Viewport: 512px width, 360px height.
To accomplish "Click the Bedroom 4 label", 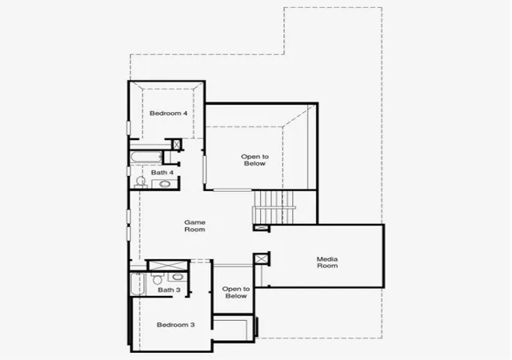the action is point(169,114).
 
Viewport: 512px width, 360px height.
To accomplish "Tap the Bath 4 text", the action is point(162,173).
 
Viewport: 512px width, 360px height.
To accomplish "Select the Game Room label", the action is point(195,226).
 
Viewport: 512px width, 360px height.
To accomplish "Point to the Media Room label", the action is point(327,262).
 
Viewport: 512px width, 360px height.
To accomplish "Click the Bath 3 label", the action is point(169,290).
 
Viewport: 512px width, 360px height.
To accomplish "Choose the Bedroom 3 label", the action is point(176,325).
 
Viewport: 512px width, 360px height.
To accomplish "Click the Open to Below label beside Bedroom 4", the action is point(254,160).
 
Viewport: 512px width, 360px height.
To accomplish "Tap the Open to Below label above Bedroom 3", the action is point(236,292).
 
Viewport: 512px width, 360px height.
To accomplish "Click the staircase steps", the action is point(274,207).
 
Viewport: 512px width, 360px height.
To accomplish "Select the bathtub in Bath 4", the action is point(146,158).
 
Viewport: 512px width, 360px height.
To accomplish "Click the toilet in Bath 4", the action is point(141,182).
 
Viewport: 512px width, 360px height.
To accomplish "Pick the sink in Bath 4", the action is point(165,184).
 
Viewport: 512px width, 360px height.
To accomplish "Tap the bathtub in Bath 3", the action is point(138,284).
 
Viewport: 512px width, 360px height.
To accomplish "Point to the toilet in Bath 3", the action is point(158,278).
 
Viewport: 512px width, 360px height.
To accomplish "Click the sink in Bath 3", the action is point(178,277).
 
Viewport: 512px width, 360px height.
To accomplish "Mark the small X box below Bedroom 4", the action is point(177,144).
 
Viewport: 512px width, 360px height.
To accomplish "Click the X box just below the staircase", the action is point(261,228).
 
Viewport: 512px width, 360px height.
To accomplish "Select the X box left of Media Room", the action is point(261,259).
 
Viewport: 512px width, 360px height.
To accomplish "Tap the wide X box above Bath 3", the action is point(168,266).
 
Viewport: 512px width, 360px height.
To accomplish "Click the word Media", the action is point(327,259).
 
